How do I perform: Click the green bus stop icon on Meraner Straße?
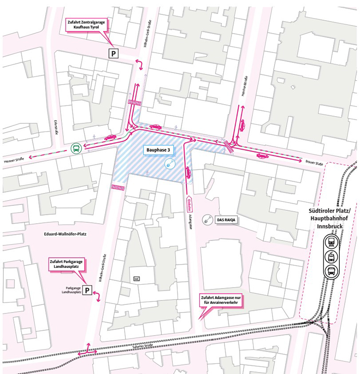tap(76, 148)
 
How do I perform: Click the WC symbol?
tap(136, 278)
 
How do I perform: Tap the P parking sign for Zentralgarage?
tap(113, 54)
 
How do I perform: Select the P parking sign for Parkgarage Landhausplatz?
tap(87, 290)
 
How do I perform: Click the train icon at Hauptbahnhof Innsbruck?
tap(331, 241)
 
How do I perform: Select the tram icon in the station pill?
tap(331, 256)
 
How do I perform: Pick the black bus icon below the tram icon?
tap(331, 271)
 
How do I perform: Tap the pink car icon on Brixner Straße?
tap(262, 156)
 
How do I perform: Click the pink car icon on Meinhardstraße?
tap(242, 125)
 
